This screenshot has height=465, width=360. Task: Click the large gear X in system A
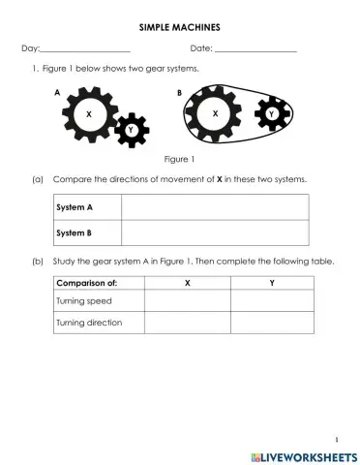click(89, 113)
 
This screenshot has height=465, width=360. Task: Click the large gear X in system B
click(215, 114)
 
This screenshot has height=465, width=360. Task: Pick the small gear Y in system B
click(271, 114)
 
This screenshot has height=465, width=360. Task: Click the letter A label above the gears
click(58, 91)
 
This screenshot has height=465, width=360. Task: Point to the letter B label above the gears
click(179, 91)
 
